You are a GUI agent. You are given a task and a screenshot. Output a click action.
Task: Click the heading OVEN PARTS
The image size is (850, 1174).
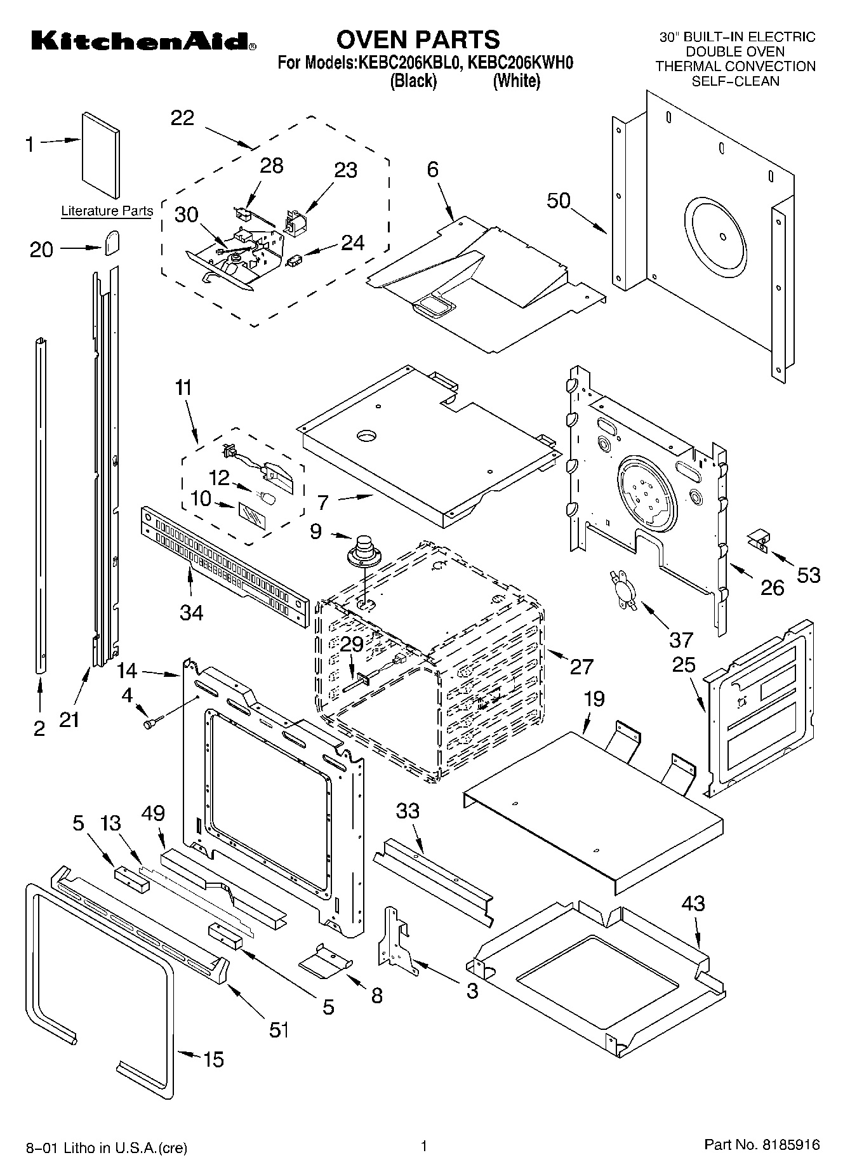tap(418, 40)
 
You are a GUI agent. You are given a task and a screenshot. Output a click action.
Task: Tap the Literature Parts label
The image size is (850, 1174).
tap(107, 211)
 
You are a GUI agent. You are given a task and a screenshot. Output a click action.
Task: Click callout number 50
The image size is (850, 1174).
tap(559, 201)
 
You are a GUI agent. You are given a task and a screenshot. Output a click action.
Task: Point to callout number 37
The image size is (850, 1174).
tap(681, 638)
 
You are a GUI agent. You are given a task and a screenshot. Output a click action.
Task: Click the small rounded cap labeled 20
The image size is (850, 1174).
tap(112, 242)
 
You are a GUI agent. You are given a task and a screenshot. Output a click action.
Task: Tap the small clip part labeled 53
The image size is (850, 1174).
tap(758, 540)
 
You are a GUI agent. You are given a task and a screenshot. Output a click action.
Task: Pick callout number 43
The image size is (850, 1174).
tap(693, 903)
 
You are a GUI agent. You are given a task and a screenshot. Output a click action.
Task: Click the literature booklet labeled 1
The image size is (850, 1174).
tap(100, 156)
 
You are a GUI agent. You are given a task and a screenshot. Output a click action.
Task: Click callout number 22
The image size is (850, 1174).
tap(183, 118)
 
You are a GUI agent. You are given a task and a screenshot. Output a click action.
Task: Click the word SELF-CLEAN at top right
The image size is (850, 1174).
tap(735, 81)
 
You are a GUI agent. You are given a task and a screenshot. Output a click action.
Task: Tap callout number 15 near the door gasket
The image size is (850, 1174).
tap(213, 1059)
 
